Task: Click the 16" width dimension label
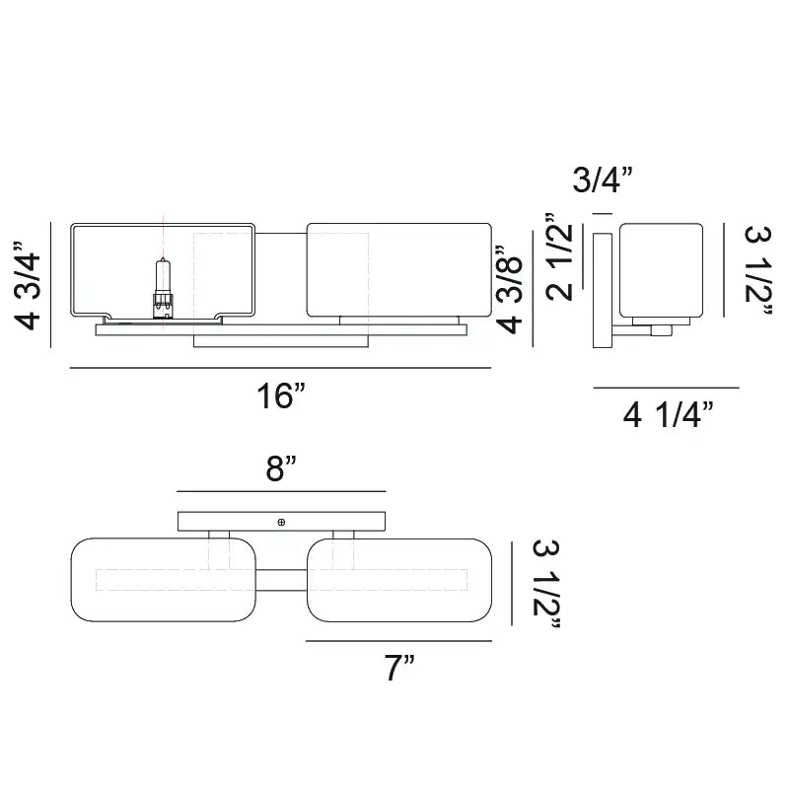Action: (281, 395)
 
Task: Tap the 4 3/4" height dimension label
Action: (29, 285)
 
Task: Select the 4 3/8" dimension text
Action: (510, 290)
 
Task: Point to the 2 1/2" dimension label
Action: (559, 256)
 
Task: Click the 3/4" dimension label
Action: (602, 179)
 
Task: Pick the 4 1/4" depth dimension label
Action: (669, 415)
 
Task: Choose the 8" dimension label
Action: (281, 468)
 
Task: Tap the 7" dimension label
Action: (399, 668)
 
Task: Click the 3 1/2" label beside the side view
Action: (757, 270)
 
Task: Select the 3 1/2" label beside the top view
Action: (546, 584)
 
